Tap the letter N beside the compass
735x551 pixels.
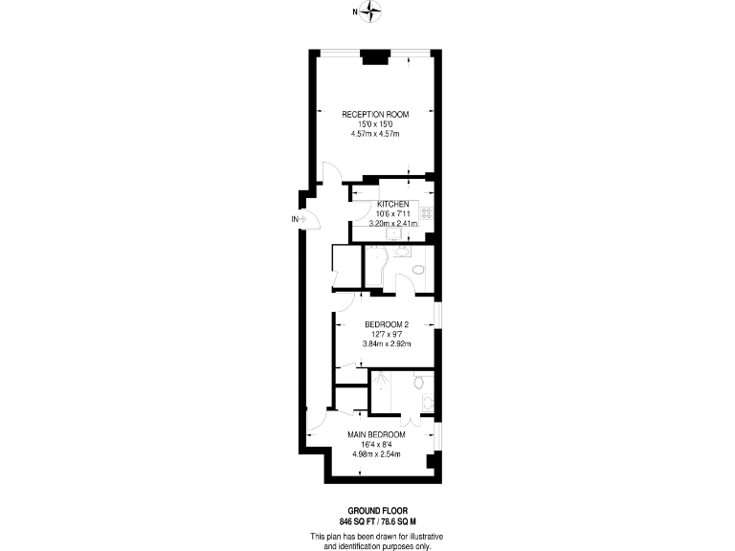[355, 12]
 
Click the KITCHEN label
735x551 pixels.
[393, 205]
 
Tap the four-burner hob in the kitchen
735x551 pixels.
[428, 213]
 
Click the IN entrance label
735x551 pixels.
[295, 219]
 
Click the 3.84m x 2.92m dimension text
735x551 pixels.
[387, 343]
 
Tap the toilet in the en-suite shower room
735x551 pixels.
[418, 382]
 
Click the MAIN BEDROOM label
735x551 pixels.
[375, 434]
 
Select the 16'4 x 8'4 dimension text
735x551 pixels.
[375, 444]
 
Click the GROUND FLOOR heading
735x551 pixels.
[376, 512]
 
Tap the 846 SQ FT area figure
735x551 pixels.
[357, 521]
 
